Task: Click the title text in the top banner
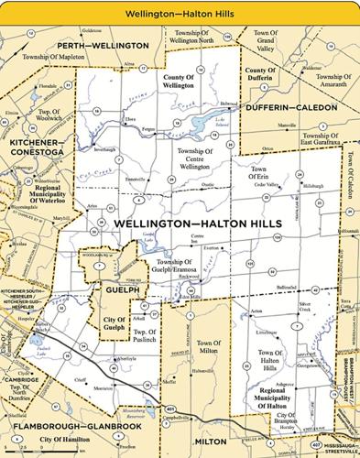pyautogui.click(x=180, y=11)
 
